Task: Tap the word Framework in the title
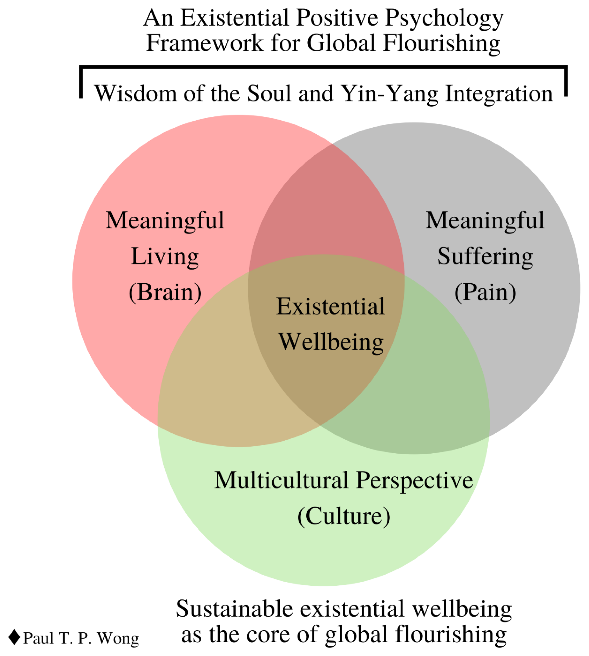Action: (x=205, y=43)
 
